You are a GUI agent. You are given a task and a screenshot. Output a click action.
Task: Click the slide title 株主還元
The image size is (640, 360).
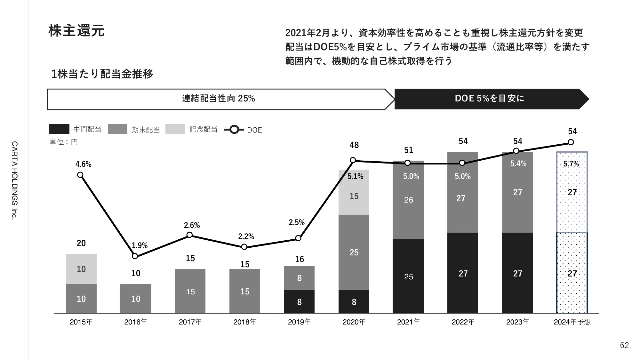76,31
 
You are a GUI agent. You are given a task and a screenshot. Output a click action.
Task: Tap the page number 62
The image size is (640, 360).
624,345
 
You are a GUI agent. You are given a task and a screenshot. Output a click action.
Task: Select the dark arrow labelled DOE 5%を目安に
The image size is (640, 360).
489,99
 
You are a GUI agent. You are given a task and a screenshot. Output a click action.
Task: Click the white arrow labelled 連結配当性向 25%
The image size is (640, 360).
219,99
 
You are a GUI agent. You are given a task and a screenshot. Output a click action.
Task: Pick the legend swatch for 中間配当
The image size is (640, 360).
59,129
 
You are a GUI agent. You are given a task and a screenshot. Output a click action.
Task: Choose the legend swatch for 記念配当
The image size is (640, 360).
175,129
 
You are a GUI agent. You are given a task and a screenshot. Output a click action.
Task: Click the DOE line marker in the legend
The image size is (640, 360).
234,130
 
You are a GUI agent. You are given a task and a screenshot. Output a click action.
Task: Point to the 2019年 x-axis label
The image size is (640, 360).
299,322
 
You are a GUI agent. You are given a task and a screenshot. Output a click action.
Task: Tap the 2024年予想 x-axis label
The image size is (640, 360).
572,322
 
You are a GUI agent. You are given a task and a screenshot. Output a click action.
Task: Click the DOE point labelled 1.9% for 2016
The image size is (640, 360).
135,256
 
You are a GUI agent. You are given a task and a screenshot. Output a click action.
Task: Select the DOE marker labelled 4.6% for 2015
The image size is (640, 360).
80,175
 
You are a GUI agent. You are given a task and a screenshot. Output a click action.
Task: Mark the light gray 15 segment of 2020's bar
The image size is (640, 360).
354,196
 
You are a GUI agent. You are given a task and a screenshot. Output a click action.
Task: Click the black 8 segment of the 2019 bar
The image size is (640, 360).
299,302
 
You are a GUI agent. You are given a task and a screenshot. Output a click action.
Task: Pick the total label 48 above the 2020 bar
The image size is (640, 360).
354,145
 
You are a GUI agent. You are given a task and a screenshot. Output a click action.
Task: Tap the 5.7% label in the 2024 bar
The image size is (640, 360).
571,164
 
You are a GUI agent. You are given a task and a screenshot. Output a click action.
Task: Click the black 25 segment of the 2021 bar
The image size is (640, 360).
408,276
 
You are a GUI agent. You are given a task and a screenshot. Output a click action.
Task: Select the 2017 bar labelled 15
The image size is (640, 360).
190,291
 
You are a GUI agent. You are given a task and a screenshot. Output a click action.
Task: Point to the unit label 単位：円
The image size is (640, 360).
63,142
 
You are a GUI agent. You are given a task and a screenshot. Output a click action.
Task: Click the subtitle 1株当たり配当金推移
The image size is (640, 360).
102,74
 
